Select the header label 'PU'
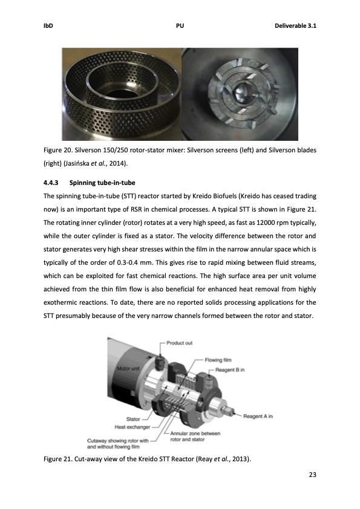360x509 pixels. [180, 26]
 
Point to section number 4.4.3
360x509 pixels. [51, 182]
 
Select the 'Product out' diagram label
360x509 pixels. [180, 343]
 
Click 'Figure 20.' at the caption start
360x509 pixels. [59, 150]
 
